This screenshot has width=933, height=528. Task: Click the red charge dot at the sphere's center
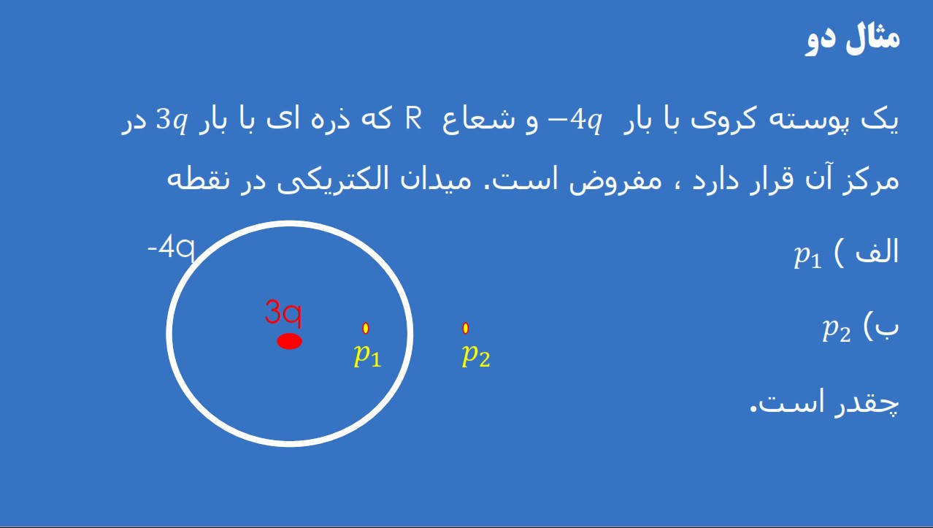[x=290, y=341]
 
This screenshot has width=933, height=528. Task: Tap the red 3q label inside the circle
[x=283, y=313]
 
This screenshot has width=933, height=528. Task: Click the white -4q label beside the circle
[x=171, y=248]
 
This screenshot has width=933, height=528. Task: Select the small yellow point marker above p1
[x=366, y=329]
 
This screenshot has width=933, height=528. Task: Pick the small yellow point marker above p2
[x=466, y=329]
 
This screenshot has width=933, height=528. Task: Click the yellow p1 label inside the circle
[x=367, y=355]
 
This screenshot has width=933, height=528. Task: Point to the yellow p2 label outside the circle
[x=476, y=355]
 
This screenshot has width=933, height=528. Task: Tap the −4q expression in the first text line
[x=575, y=120]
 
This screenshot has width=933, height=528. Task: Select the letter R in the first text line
[x=414, y=118]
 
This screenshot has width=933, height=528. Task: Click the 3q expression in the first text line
[x=171, y=120]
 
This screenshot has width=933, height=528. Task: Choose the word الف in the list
[x=878, y=252]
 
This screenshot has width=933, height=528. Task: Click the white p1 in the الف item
[x=808, y=255]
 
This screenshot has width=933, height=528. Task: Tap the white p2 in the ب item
[x=837, y=330]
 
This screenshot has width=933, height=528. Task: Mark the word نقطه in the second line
[x=199, y=179]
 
